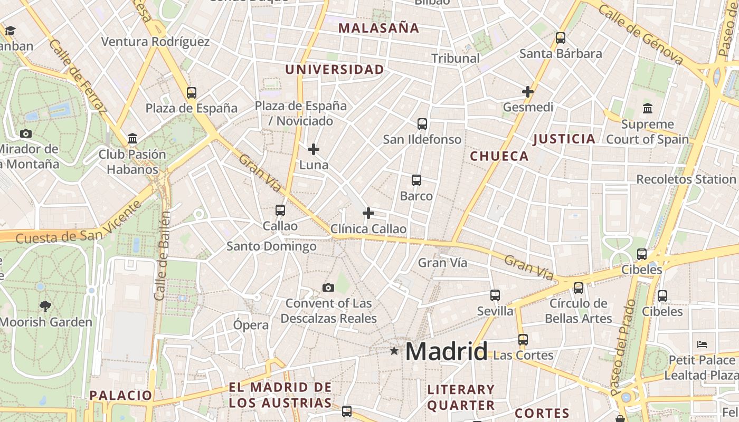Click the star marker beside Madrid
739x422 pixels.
tap(394, 351)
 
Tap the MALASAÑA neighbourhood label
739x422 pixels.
tap(378, 28)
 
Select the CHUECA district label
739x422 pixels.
tap(499, 156)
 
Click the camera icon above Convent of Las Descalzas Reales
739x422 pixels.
tap(328, 287)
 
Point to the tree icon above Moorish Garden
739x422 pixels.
tap(45, 306)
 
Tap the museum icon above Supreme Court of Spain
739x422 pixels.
tap(648, 108)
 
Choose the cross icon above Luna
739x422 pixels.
tap(314, 149)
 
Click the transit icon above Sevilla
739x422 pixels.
tap(495, 295)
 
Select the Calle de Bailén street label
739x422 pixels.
tap(163, 256)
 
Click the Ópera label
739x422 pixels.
tap(251, 325)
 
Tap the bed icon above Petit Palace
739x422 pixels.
tap(702, 344)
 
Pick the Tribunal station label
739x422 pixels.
tap(456, 58)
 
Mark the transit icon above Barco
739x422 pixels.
tap(416, 180)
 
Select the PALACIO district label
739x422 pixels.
tap(121, 395)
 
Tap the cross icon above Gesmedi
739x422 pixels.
tap(527, 92)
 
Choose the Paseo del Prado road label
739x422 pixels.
tap(624, 348)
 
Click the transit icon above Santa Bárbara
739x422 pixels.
tap(561, 38)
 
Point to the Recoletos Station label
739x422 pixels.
tap(686, 179)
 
